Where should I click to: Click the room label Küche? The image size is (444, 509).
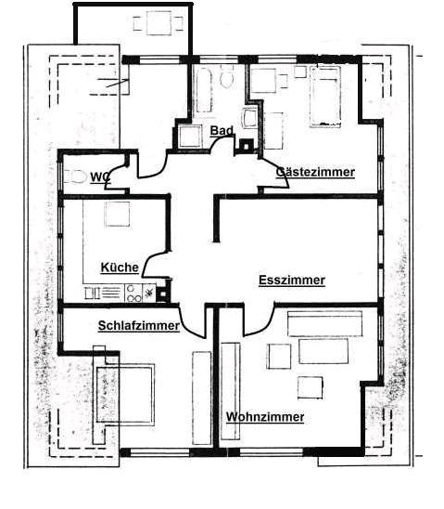coord(120,268)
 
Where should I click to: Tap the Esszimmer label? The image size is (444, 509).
coord(291,280)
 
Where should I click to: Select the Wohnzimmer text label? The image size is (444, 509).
coord(265,417)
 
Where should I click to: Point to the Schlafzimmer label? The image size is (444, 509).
coord(138,325)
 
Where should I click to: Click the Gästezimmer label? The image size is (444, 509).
coord(315,172)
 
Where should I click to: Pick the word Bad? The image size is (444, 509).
coord(222,131)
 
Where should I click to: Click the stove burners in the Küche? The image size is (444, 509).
coord(133,293)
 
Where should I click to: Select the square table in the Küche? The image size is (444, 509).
coord(117,215)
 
